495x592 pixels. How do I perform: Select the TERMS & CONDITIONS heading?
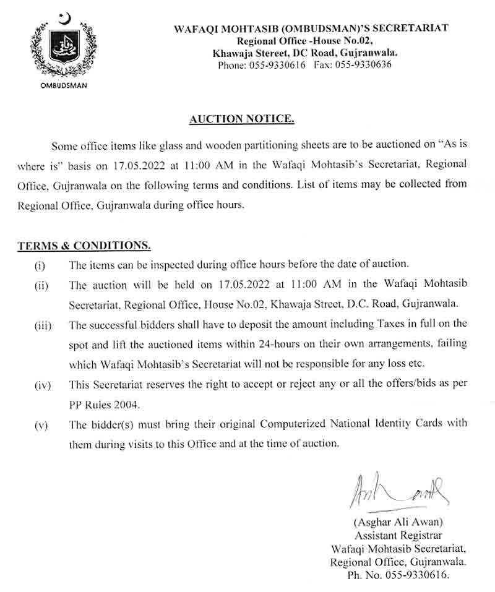pos(84,246)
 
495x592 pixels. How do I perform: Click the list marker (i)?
pos(40,265)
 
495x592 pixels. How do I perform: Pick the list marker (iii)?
pos(42,324)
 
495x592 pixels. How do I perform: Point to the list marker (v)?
pos(41,424)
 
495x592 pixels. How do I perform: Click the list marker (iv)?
pos(42,384)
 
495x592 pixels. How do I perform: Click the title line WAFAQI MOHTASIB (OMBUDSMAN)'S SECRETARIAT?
pos(311,28)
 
